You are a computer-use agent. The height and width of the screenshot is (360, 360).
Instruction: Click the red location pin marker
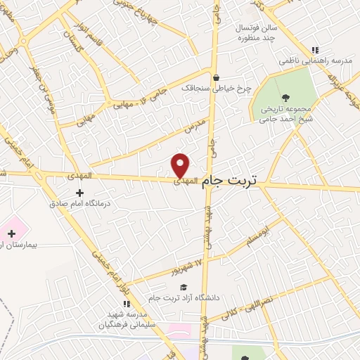point(181,165)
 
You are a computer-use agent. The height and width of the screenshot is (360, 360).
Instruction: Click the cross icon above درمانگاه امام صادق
point(79,193)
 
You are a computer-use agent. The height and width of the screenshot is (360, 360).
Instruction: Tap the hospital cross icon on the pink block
point(11,233)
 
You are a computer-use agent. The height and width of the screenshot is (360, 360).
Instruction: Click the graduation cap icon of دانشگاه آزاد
point(184,287)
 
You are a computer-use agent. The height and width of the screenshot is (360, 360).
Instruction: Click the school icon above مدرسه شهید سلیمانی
point(127,303)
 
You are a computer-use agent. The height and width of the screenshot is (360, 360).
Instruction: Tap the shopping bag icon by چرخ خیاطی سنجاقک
point(216,77)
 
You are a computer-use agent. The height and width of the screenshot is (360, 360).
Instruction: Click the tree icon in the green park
point(285,98)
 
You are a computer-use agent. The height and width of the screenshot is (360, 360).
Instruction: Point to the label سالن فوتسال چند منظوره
point(257,32)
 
